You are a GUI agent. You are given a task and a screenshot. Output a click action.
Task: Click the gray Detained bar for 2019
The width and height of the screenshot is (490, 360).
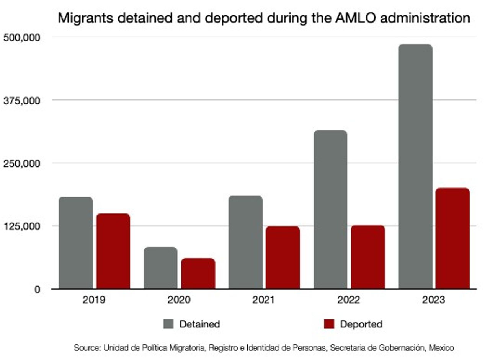click(76, 243)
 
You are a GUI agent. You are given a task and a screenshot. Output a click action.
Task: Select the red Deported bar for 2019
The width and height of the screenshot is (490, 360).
click(113, 251)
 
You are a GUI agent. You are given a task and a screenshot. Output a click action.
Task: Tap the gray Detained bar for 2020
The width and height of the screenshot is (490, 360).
click(161, 268)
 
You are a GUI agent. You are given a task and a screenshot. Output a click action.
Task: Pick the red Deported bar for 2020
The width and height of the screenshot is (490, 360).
click(198, 274)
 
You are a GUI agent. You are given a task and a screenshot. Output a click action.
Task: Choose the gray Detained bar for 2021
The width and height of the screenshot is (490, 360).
click(245, 242)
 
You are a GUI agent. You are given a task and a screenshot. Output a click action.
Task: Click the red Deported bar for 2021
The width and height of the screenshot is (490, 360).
click(283, 257)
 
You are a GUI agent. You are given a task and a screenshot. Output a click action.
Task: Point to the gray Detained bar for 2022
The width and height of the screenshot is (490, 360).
click(330, 210)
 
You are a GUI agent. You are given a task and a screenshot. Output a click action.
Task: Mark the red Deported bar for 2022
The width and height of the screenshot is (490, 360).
click(368, 257)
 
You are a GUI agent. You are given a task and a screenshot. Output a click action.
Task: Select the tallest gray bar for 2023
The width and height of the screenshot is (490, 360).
click(415, 166)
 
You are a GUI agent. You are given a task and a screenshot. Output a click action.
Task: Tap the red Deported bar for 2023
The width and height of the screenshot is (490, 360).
click(452, 238)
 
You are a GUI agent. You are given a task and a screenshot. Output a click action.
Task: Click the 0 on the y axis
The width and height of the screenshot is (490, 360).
click(37, 289)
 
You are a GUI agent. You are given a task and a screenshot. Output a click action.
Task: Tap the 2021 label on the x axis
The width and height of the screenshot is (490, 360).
click(264, 300)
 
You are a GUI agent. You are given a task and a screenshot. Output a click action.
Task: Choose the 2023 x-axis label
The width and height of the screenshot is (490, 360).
click(434, 300)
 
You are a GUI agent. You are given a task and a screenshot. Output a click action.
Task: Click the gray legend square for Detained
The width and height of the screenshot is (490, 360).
click(168, 324)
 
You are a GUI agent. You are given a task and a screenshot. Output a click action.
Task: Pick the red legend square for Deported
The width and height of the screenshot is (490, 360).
click(329, 324)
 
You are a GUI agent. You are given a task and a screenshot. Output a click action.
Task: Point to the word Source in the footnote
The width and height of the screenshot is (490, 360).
click(87, 348)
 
